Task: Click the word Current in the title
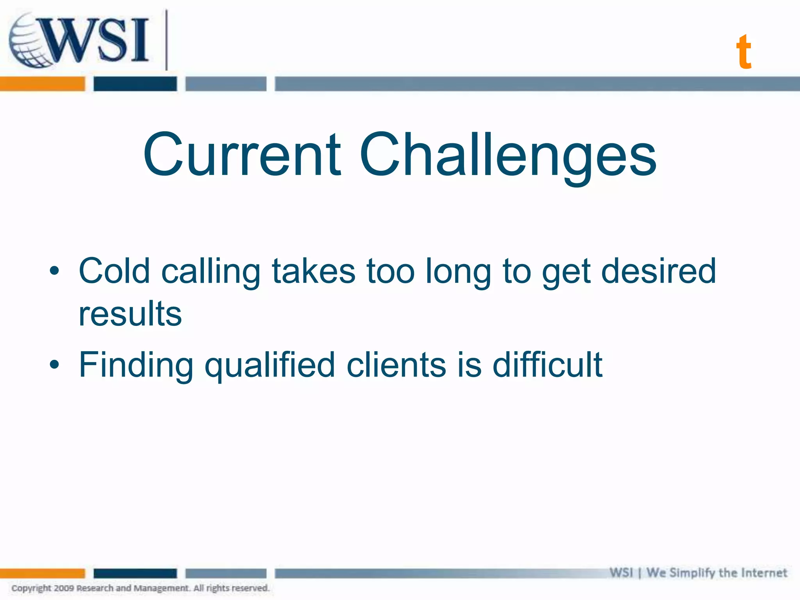coord(242,154)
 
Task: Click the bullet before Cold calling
coord(54,271)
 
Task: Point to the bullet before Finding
coord(54,364)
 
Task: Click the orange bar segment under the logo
coord(42,84)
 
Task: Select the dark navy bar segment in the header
coord(135,84)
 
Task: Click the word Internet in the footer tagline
coord(764,573)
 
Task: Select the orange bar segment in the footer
coord(42,573)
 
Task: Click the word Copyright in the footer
coord(31,588)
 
